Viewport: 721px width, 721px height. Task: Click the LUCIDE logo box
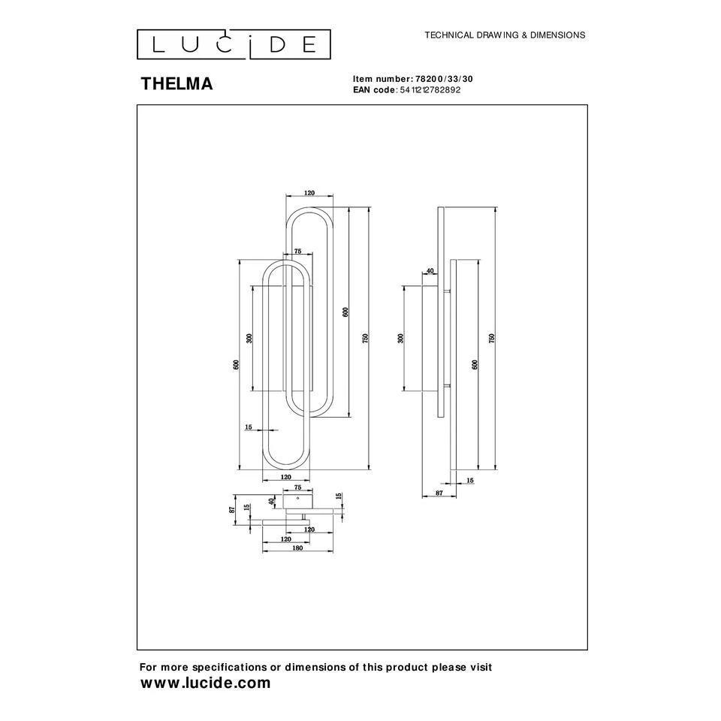[x=233, y=44]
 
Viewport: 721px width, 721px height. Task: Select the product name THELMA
[x=176, y=84]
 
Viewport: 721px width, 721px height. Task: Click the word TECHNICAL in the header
[x=450, y=35]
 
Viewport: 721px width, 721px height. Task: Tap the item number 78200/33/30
[x=446, y=79]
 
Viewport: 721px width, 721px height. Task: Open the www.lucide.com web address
[x=206, y=683]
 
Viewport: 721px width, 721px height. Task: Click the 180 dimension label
[x=297, y=548]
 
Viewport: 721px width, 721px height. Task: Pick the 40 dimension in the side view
[x=430, y=271]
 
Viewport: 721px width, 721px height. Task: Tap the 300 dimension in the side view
[x=400, y=338]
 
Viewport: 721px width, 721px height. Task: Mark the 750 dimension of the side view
[x=492, y=338]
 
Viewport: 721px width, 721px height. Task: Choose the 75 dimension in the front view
[x=297, y=252]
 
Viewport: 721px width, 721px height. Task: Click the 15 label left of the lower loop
[x=248, y=427]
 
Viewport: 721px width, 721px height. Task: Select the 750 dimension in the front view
[x=366, y=338]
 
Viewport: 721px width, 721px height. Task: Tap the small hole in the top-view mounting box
[x=298, y=497]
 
